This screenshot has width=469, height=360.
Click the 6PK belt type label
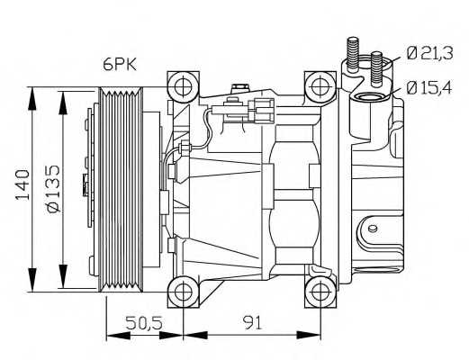120,64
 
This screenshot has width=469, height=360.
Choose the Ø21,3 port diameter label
428,53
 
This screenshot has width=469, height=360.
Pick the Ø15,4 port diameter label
428,88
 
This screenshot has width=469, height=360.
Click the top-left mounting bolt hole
184,87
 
